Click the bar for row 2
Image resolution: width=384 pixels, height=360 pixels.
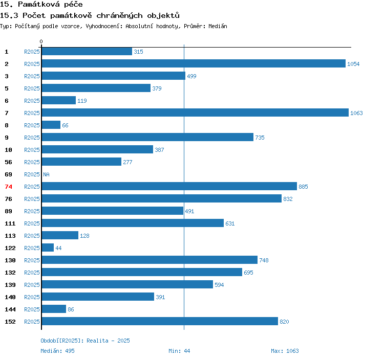tap(194, 64)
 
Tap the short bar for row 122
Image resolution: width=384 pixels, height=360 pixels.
tap(48, 248)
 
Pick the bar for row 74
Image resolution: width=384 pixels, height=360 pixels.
tap(169, 187)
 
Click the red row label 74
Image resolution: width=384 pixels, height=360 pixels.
tap(8, 187)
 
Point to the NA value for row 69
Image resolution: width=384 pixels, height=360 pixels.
tap(46, 174)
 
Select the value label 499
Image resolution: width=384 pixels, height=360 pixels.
tap(191, 76)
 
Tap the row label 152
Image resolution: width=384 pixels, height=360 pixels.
tap(10, 322)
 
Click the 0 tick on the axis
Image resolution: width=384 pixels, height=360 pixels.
tap(41, 41)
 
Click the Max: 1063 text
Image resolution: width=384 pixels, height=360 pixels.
tap(285, 351)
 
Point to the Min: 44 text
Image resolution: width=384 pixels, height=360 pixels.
tap(179, 351)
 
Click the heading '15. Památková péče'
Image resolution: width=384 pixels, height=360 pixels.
tap(41, 5)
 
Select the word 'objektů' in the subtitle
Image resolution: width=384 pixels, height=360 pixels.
tap(162, 15)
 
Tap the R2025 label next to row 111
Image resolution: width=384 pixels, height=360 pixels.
tap(32, 223)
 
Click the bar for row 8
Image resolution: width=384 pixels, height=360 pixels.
tap(51, 125)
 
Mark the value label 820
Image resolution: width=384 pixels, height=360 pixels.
tap(284, 322)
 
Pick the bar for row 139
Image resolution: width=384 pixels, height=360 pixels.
tap(127, 285)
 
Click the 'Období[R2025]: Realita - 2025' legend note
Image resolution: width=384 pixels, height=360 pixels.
tap(85, 341)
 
